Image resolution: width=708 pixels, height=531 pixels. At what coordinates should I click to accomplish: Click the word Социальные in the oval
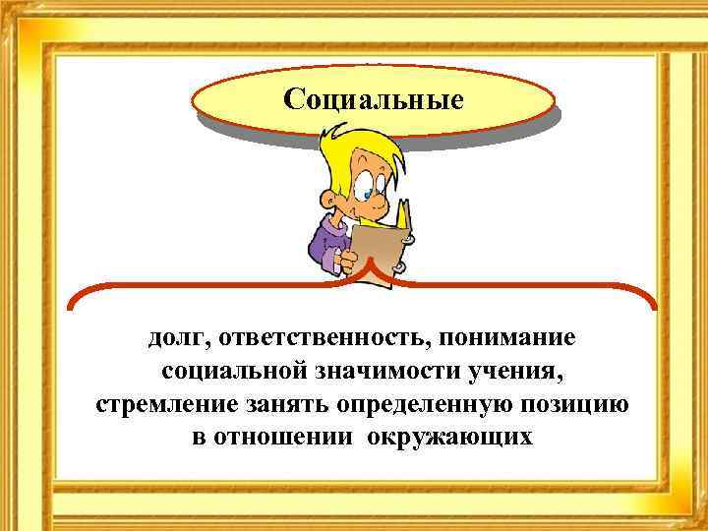pos(373,100)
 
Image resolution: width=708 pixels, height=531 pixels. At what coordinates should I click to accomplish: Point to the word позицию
pos(579,405)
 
